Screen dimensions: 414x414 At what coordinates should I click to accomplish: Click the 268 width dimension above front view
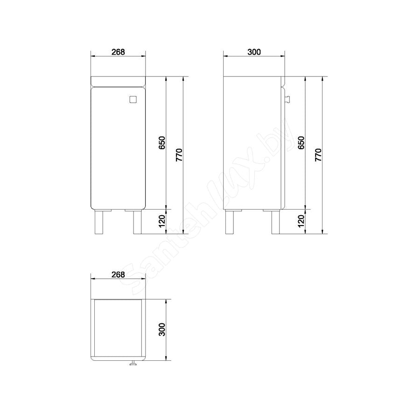tap(118, 52)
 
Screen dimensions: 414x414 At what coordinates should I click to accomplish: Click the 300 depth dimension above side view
tap(254, 52)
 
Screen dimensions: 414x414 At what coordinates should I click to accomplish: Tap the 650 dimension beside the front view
tap(162, 142)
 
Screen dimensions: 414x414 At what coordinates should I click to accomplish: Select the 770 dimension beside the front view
tap(179, 155)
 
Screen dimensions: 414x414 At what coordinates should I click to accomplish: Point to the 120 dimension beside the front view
tap(162, 221)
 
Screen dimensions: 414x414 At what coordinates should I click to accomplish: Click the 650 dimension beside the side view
tap(301, 142)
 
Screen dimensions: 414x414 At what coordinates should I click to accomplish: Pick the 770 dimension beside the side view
tap(318, 155)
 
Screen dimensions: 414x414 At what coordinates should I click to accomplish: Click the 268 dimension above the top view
tap(118, 274)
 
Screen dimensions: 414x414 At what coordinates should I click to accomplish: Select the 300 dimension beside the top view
tap(162, 330)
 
